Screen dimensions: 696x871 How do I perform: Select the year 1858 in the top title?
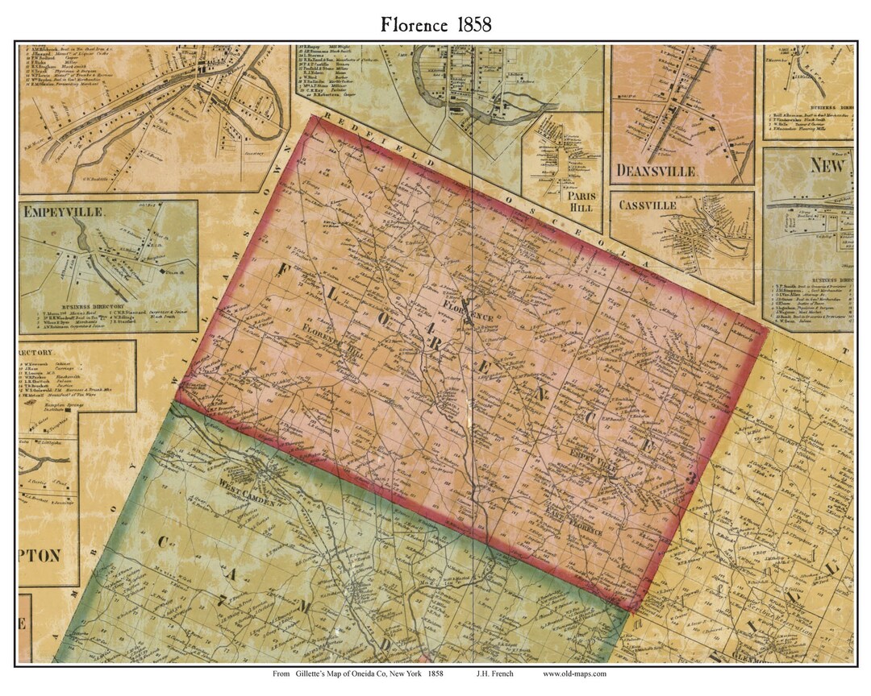click(470, 24)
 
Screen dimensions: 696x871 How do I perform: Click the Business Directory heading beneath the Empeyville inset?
click(108, 307)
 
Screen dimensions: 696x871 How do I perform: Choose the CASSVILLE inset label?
click(648, 205)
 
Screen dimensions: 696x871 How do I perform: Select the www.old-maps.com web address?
click(574, 673)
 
